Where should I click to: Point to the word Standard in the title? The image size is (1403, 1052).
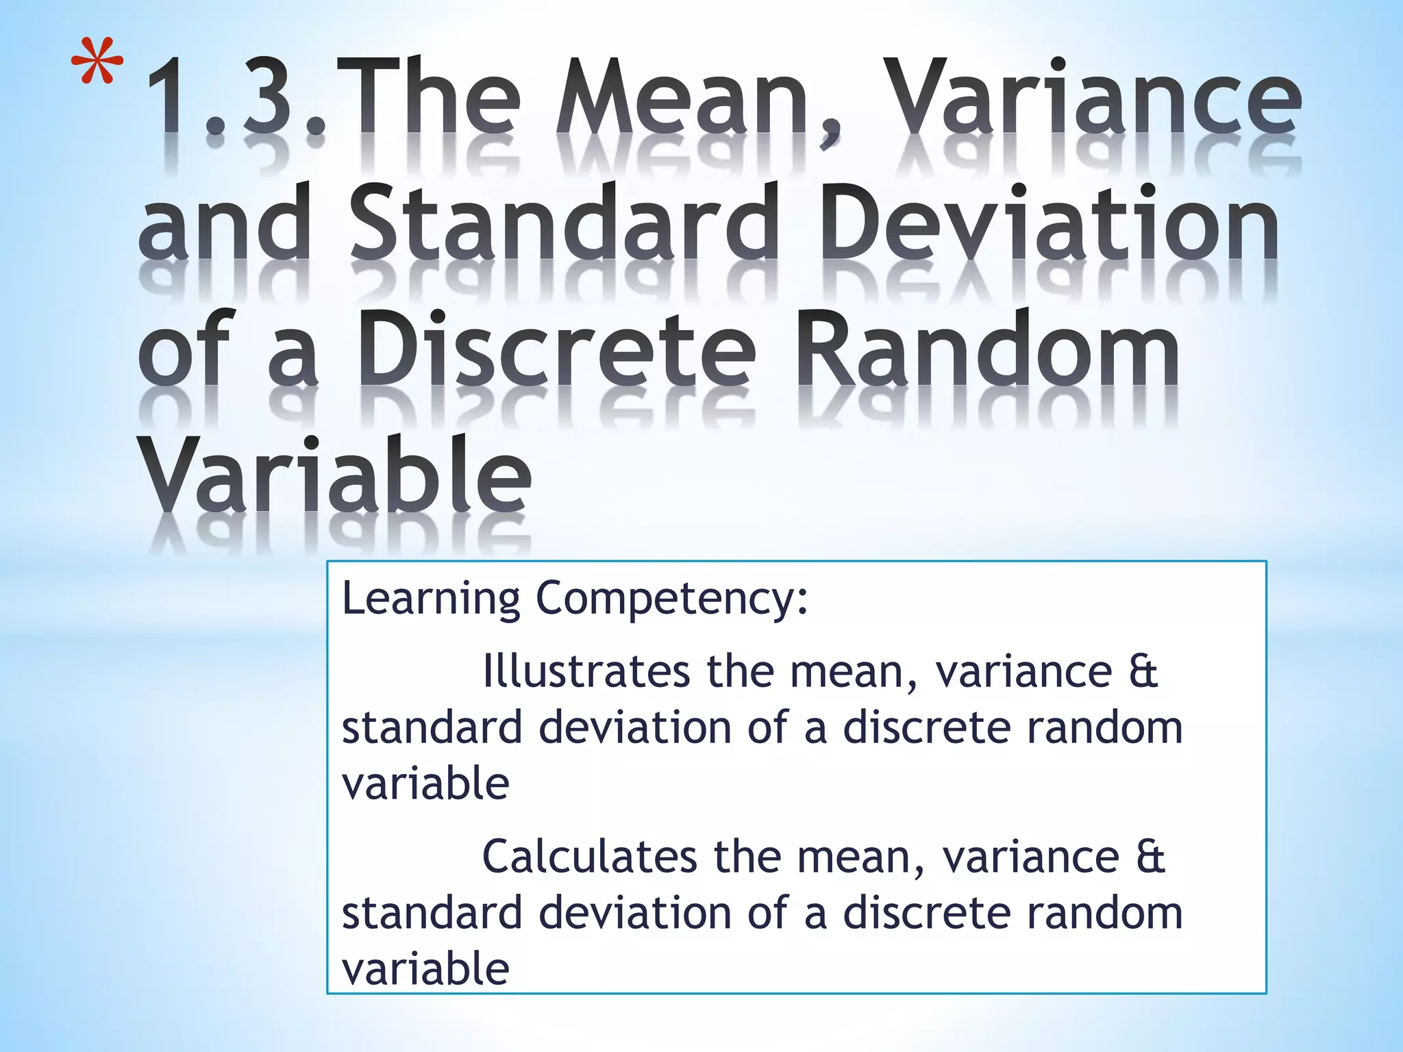(564, 223)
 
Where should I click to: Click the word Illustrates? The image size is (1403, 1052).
(586, 671)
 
